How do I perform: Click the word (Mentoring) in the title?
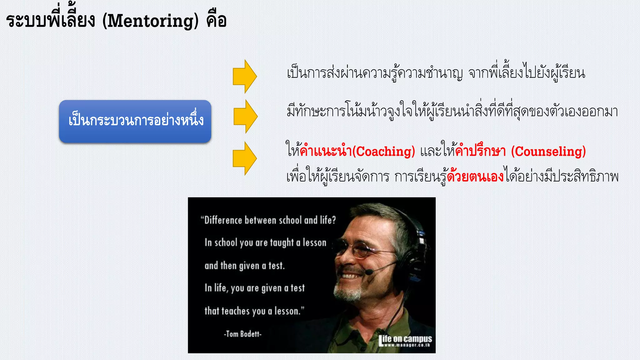point(150,21)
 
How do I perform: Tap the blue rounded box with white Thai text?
point(135,121)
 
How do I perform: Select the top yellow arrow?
point(245,76)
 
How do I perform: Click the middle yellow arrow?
point(246,116)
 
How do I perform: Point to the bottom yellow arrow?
point(245,158)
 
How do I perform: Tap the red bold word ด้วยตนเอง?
point(475,177)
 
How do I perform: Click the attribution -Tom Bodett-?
point(242,334)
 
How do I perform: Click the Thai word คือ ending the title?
point(216,21)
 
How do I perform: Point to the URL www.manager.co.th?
point(407,345)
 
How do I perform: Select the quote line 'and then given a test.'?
point(245,266)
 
